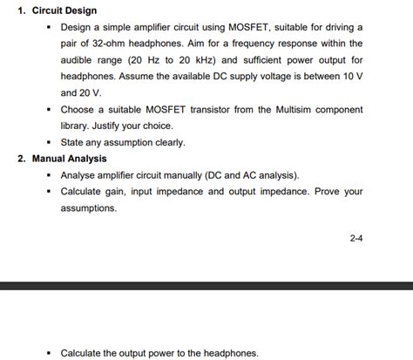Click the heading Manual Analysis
pos(70,159)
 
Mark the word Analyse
pos(80,175)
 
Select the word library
pos(77,126)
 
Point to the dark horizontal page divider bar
pos(206,286)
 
